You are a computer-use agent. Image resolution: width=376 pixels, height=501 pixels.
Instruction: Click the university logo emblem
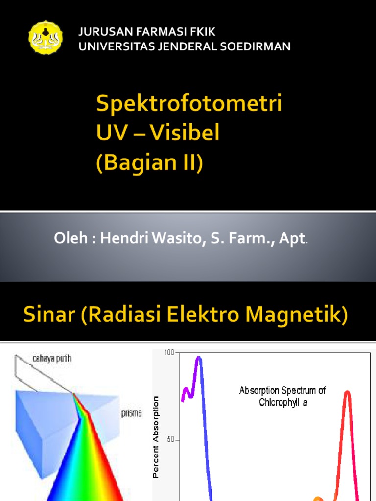click(x=46, y=37)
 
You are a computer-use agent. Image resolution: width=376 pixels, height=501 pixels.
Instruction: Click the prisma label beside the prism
click(x=132, y=413)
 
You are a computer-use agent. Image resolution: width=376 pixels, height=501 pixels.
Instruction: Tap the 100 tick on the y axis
click(x=169, y=353)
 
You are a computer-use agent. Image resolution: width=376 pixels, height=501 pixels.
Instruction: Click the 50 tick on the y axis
click(x=171, y=440)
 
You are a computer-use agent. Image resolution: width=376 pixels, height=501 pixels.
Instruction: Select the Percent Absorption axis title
click(x=156, y=436)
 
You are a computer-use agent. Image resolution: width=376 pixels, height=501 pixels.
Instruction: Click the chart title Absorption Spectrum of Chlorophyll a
click(x=282, y=396)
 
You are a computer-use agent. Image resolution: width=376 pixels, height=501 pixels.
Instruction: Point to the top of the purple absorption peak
click(x=198, y=358)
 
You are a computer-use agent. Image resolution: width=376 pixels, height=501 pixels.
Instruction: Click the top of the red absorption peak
click(x=347, y=392)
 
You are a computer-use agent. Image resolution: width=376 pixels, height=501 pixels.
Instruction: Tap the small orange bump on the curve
click(x=318, y=498)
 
